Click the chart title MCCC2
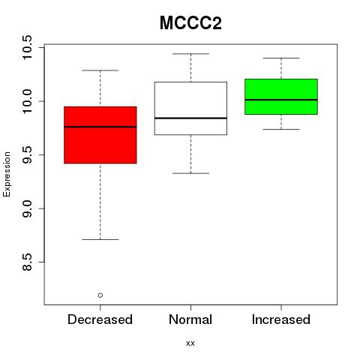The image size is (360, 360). coord(190,23)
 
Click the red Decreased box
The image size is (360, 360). coord(100,135)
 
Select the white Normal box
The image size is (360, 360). coord(190,108)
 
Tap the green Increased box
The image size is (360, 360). coord(281,97)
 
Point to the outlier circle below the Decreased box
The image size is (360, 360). coord(100,295)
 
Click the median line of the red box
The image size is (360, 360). coord(100,127)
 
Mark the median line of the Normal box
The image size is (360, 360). coord(190,118)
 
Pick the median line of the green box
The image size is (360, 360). coord(281,100)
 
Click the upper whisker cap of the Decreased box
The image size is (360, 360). coord(100,70)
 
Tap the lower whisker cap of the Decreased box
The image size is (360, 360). coord(100,239)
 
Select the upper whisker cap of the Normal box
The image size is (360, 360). coord(190,54)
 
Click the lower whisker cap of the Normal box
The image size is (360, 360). coord(190,173)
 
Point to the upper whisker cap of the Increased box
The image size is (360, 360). coord(281,58)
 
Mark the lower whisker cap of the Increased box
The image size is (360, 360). coord(281,129)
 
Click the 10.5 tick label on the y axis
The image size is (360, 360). coord(27,47)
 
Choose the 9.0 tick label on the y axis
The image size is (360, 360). coord(27,208)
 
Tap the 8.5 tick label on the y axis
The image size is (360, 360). coord(27,262)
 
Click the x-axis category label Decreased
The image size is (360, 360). coord(100,319)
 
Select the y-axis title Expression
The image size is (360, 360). coord(7,174)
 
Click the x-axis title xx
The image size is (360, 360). coord(190,343)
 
